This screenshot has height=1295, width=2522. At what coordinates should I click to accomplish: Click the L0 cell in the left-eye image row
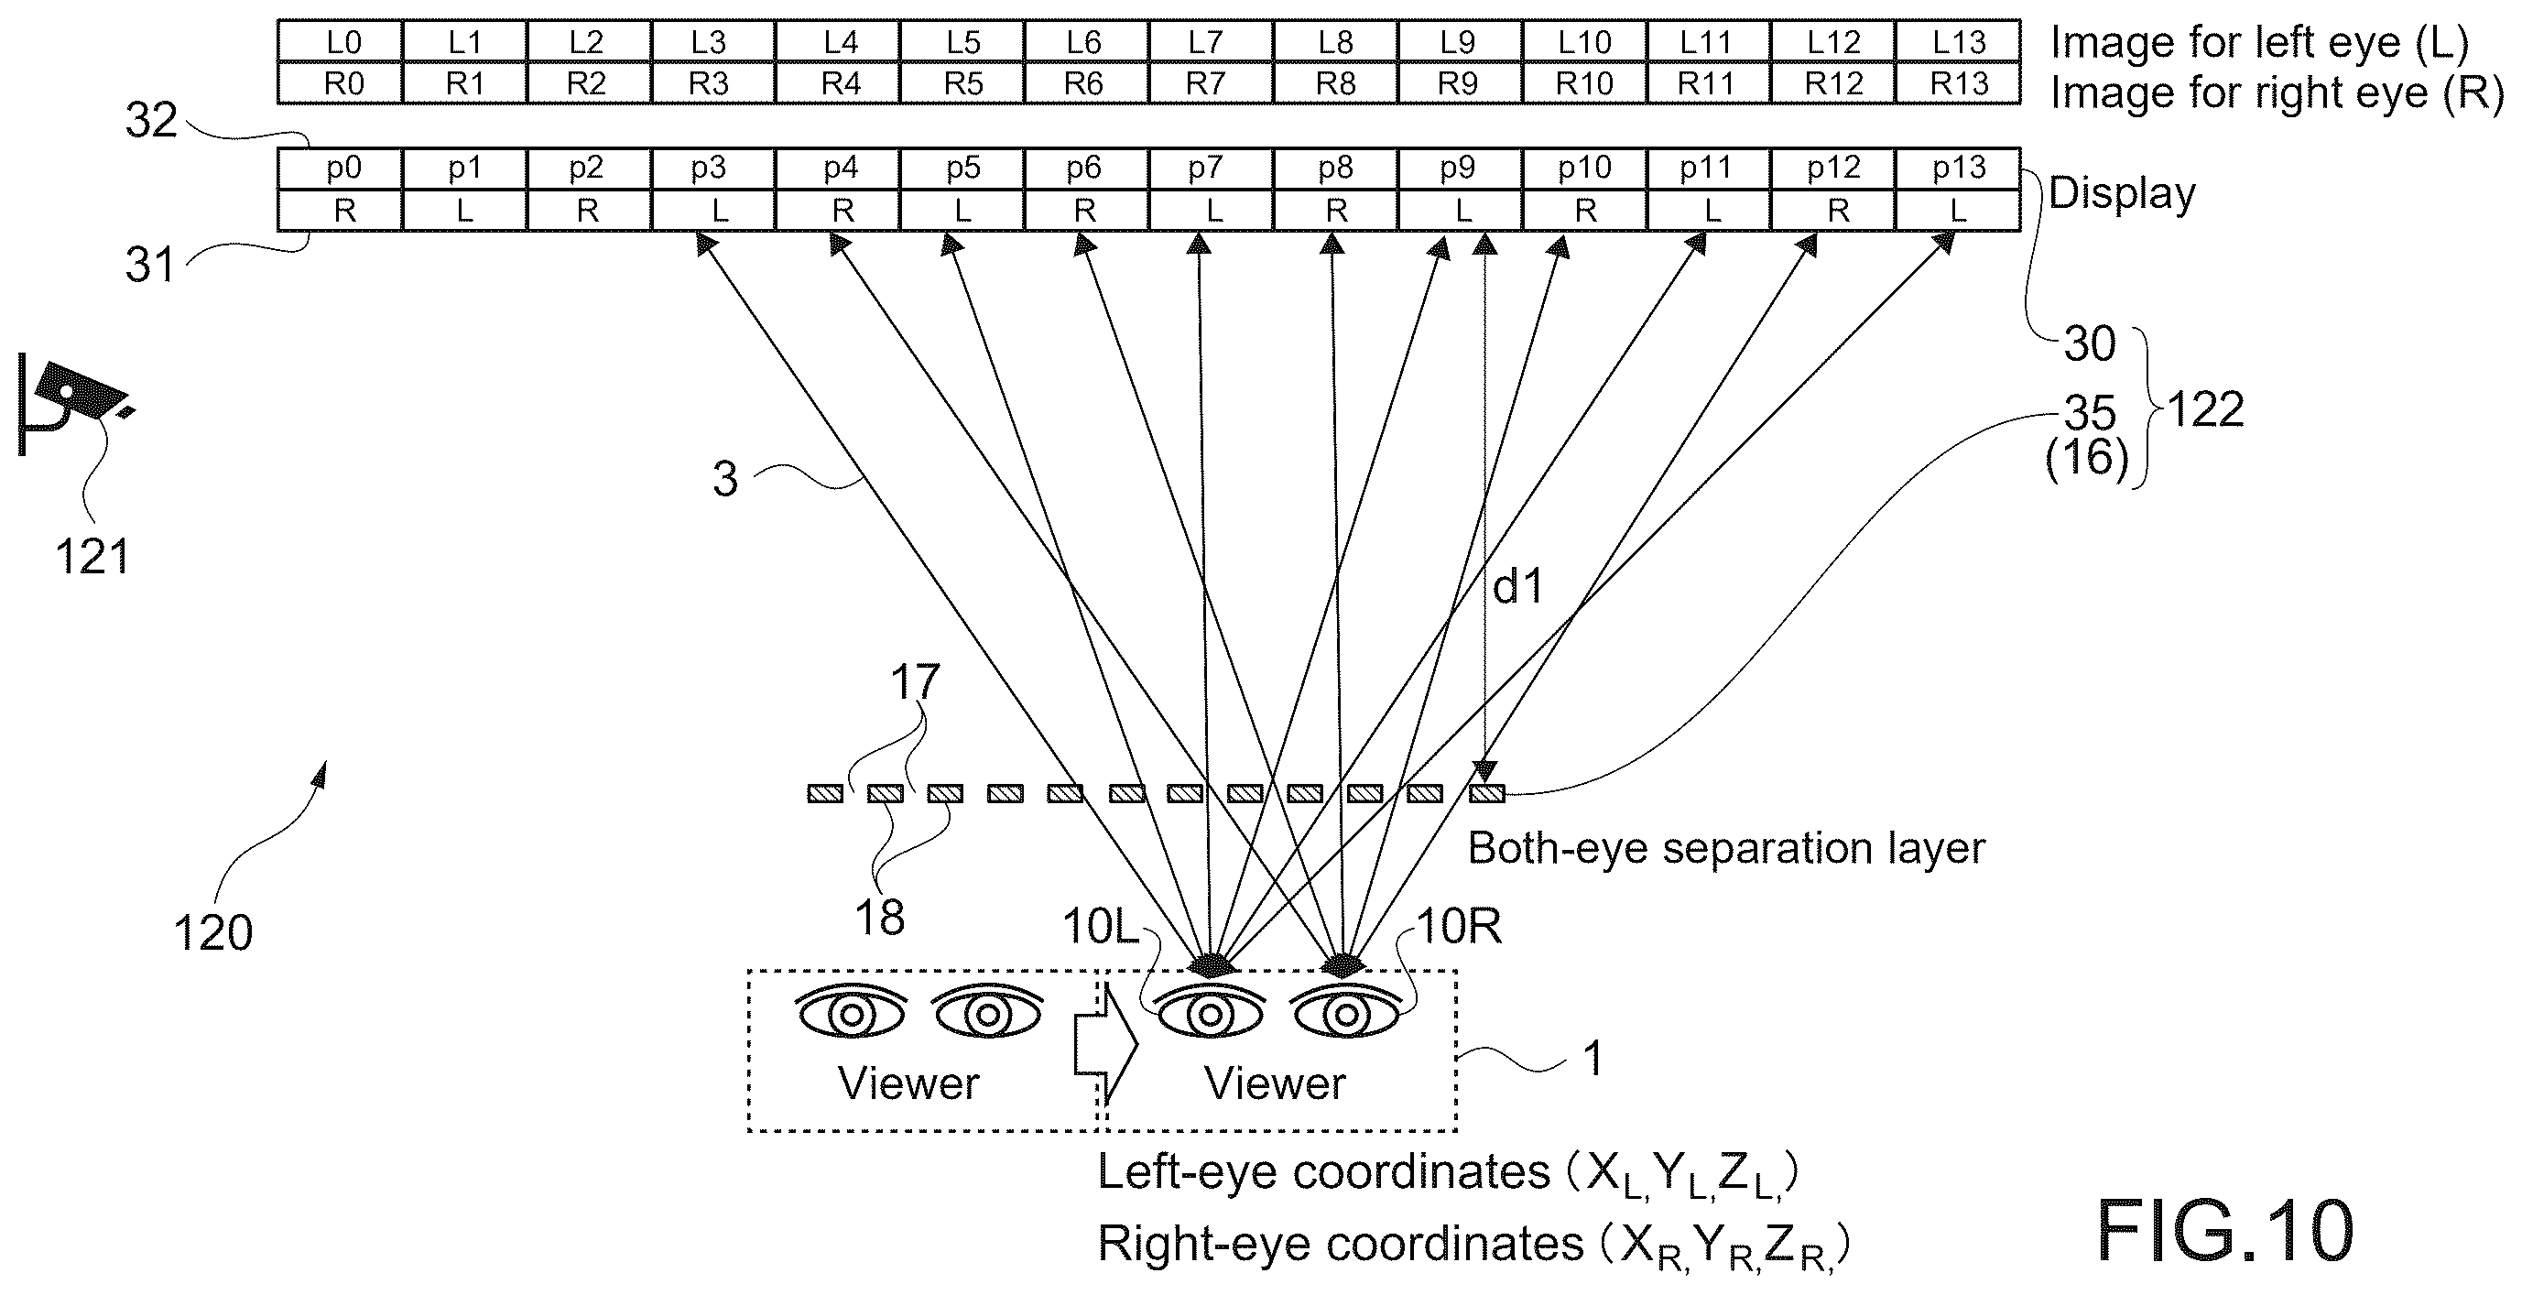[340, 41]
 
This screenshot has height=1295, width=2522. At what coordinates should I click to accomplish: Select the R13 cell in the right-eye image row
[1958, 83]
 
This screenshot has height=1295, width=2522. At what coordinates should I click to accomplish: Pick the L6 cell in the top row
[1086, 41]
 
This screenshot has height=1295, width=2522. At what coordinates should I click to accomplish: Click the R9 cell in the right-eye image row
[1460, 83]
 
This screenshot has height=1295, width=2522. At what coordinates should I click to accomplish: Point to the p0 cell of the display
[340, 169]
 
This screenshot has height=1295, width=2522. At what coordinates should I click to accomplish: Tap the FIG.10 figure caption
[2224, 1230]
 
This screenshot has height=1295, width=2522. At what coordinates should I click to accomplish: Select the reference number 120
[212, 933]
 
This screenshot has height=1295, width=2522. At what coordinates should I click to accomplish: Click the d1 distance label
[1517, 586]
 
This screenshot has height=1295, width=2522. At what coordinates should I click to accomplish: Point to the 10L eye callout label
[1102, 926]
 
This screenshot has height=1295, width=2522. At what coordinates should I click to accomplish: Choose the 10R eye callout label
[1459, 926]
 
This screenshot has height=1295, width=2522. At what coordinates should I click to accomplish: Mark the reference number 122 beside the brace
[2206, 410]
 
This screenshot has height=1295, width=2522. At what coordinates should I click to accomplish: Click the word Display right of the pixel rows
[2122, 194]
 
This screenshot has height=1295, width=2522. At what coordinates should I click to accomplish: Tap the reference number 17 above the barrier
[915, 682]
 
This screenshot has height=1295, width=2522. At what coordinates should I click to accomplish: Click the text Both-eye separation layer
[1726, 849]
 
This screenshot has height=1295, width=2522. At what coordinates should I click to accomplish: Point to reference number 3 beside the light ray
[724, 480]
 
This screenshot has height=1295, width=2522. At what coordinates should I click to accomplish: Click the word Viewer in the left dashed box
[908, 1083]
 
